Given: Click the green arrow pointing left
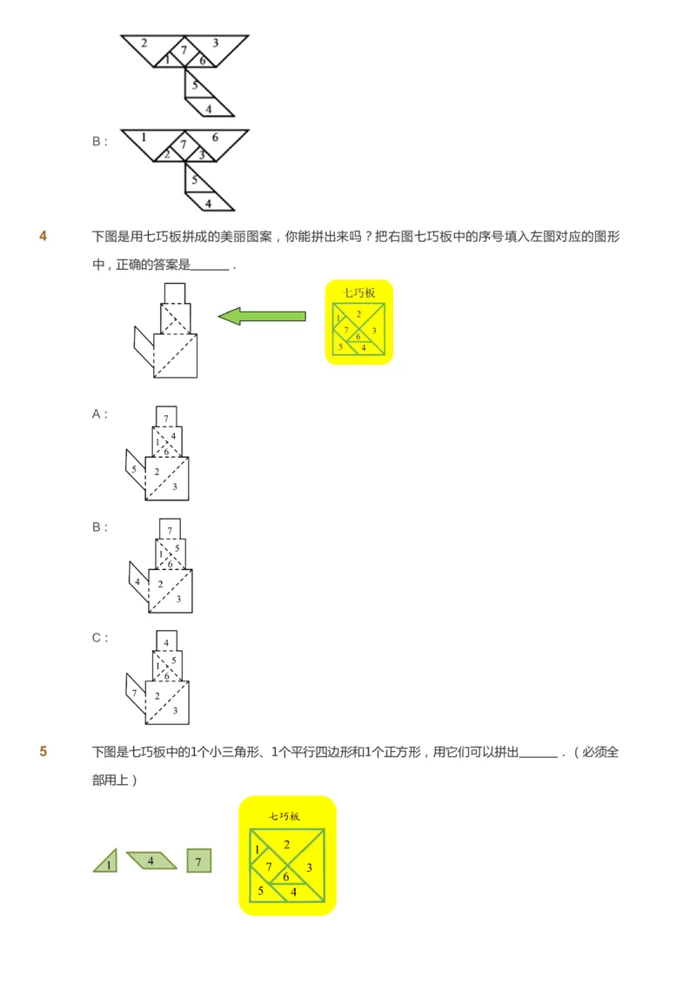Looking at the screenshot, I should [x=261, y=316].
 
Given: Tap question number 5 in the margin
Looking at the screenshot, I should [x=43, y=752].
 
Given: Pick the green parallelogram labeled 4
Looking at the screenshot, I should [x=151, y=861].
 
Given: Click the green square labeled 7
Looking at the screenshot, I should [x=198, y=861].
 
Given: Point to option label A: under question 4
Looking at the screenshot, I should [x=100, y=415].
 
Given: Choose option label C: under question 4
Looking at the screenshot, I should [x=100, y=638].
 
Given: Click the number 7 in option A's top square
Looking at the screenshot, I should [x=166, y=418].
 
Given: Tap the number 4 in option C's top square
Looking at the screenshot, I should [x=166, y=641].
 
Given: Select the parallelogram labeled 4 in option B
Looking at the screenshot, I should [x=137, y=581].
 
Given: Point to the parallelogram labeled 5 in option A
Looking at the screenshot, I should [x=134, y=469].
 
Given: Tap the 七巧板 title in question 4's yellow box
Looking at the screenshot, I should [x=358, y=293].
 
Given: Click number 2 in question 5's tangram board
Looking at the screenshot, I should [x=286, y=843].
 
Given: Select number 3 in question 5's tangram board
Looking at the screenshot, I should [x=310, y=868].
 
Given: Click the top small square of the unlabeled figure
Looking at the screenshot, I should [x=175, y=292].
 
